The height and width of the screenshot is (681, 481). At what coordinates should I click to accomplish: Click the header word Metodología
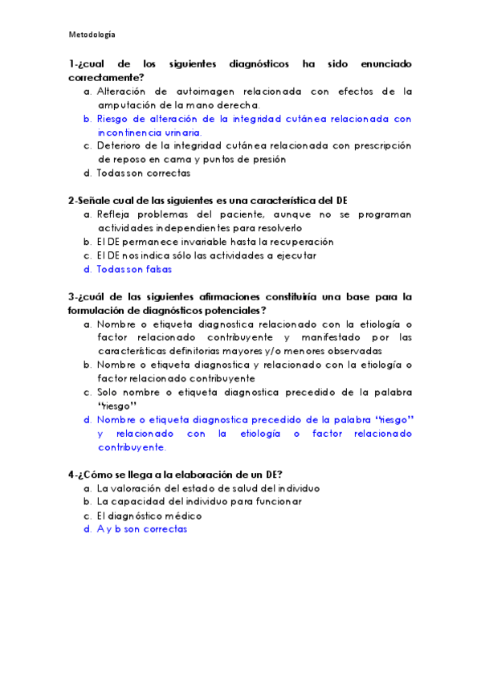point(92,35)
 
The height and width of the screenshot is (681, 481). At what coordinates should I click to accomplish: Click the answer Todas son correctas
point(144,173)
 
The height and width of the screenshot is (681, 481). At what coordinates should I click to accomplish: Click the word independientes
point(197,228)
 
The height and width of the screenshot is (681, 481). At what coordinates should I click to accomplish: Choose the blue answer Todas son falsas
point(134,269)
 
